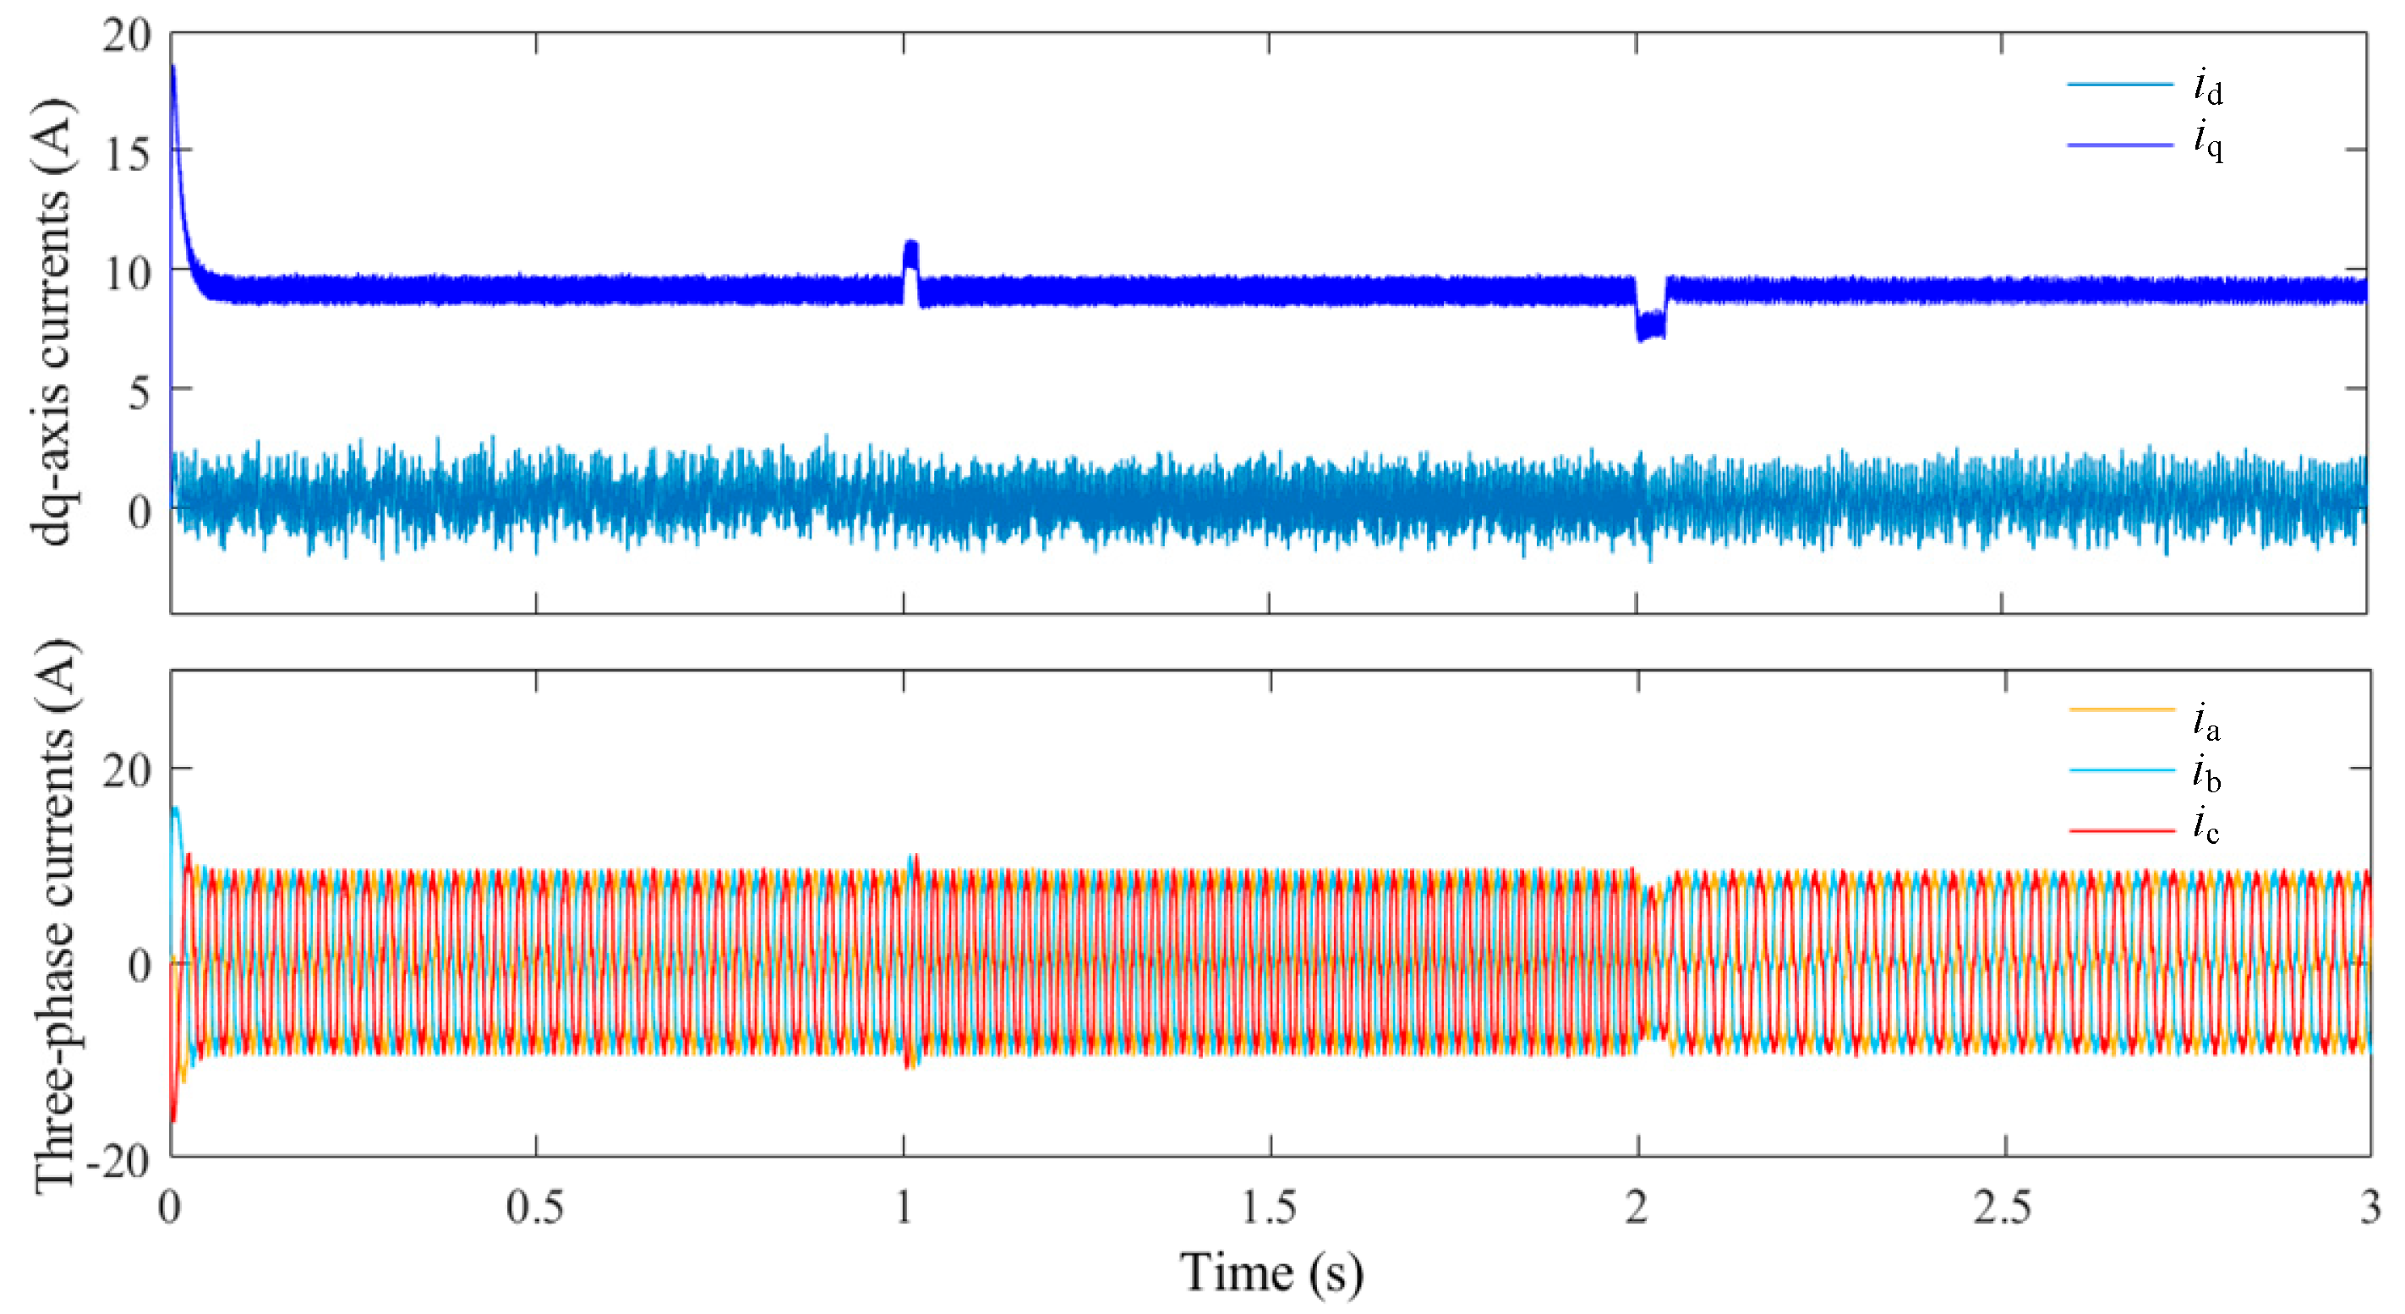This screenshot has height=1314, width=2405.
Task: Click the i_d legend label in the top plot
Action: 2208,88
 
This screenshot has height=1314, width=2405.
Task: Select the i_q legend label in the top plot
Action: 2208,143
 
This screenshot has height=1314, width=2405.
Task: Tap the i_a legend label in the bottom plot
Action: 2206,722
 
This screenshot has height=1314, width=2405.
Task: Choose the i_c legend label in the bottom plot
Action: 2206,825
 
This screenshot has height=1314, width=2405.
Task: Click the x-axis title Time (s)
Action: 1271,1272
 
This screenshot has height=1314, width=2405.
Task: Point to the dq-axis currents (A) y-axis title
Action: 52,322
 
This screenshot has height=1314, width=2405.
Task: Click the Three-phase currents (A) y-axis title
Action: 53,915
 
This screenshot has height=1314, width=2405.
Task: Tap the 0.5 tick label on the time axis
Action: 535,1209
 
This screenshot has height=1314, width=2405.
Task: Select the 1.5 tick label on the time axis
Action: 1270,1209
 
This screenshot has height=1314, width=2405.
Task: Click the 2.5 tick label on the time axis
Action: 2003,1209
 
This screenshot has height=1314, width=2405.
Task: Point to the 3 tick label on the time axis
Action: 2369,1209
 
